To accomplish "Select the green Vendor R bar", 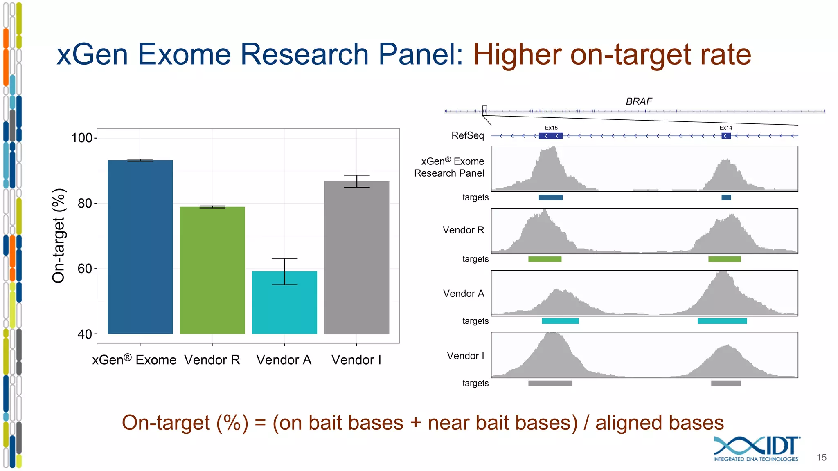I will click(x=212, y=270).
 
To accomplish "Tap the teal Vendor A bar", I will click(x=284, y=303).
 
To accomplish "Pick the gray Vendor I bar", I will click(x=356, y=258).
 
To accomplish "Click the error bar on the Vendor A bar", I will click(x=284, y=271).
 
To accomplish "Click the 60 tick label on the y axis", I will click(x=85, y=269).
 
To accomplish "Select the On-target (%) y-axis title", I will click(x=59, y=236).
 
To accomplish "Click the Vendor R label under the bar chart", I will click(x=212, y=360).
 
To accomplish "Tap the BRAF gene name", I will click(x=639, y=101).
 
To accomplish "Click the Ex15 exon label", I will click(x=551, y=128).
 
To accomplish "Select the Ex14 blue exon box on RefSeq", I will click(x=726, y=136).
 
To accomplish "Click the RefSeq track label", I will click(x=467, y=135).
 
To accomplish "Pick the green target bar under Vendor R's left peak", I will click(x=545, y=259).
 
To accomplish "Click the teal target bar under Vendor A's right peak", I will click(x=722, y=321).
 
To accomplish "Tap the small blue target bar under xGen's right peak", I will click(x=726, y=197).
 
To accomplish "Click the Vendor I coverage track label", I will click(x=465, y=356).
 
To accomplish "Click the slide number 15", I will click(x=821, y=458).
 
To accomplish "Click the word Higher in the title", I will click(x=517, y=54).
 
